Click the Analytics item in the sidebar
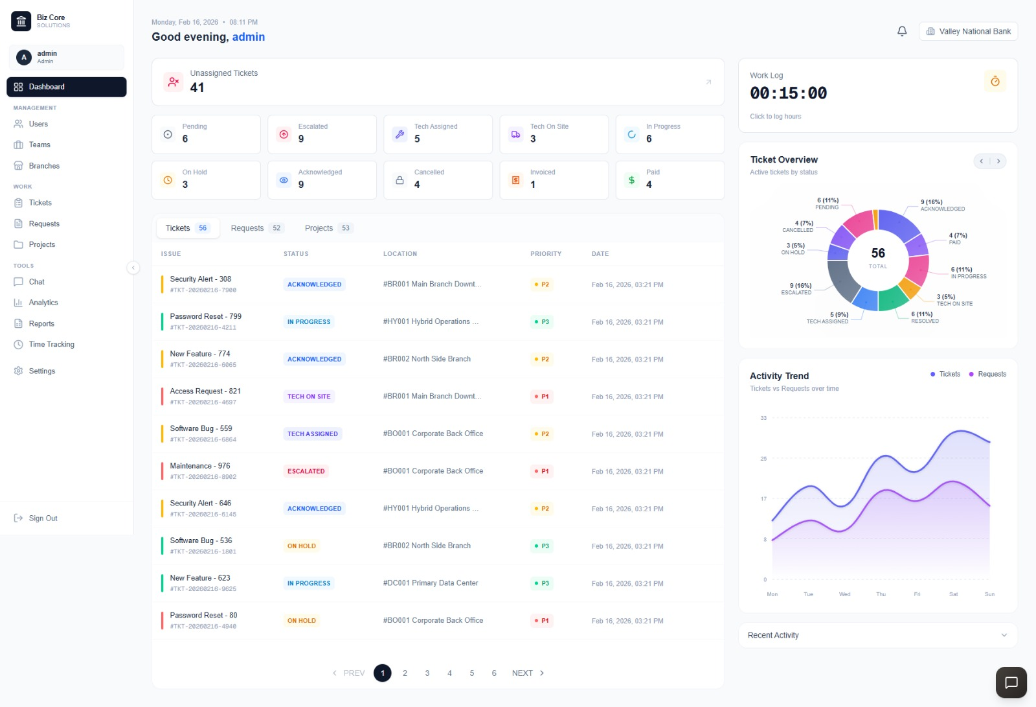[x=43, y=303]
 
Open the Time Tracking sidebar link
[x=51, y=345]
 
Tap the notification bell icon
[x=902, y=31]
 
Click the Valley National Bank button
[x=968, y=31]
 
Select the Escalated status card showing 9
[x=322, y=134]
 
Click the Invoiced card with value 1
[x=554, y=180]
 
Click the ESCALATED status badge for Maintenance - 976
[x=306, y=471]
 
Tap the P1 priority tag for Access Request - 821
[x=541, y=397]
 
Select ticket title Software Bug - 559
[x=201, y=428]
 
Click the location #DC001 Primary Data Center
[x=431, y=583]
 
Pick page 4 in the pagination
[x=449, y=673]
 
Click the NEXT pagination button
[x=528, y=673]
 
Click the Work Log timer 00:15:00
[x=788, y=93]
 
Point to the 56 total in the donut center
[x=878, y=253]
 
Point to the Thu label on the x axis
[x=881, y=594]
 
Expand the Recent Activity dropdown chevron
[x=1004, y=635]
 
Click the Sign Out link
[x=43, y=518]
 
